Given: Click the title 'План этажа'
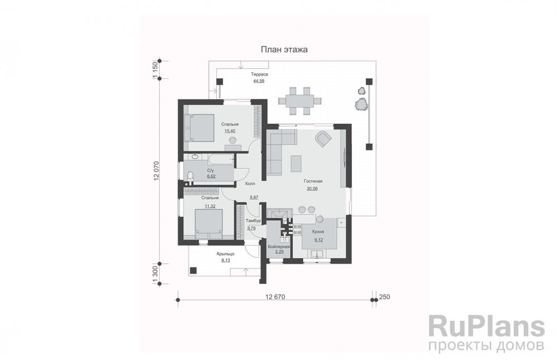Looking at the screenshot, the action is coord(284,50).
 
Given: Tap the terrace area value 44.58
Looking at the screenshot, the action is coord(259,81).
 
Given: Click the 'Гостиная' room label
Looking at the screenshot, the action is coord(313,181).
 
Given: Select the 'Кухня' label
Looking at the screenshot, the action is coord(318,232).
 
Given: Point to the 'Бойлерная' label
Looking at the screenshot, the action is coord(279,246).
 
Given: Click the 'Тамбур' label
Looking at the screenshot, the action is coord(253,221).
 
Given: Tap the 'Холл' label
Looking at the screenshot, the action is coord(250,184).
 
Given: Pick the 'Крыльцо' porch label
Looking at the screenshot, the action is coord(225,254).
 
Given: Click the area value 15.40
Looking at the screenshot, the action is coord(230,131).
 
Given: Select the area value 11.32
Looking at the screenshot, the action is coord(210,206).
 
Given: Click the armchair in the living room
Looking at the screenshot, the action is coord(323,138).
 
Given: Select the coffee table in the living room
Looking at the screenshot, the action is coord(296,164).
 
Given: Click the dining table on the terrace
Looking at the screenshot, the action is coord(300,101).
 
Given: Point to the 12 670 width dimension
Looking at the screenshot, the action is coord(275,297).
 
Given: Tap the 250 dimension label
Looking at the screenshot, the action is coord(385,297).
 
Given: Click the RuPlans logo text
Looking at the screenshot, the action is coord(487,327).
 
